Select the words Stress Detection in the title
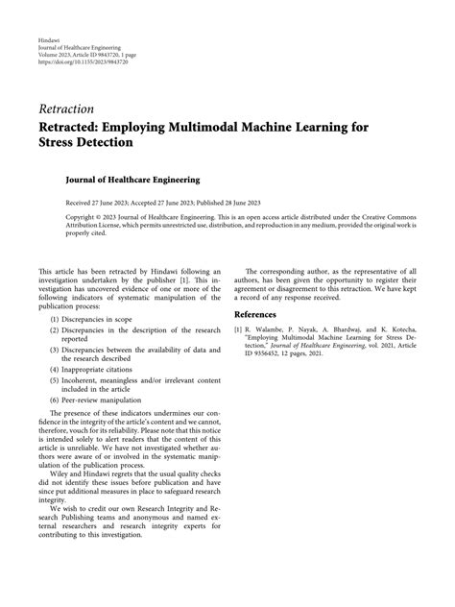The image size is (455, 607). click(x=86, y=142)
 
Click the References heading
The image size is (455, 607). click(x=260, y=314)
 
